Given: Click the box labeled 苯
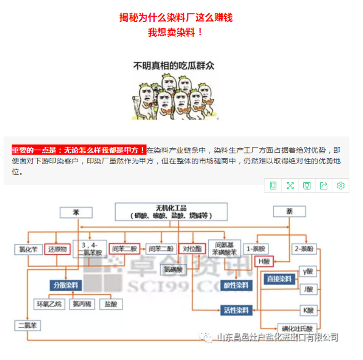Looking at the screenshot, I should [x=76, y=213].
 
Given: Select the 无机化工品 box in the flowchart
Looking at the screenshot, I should [x=171, y=212].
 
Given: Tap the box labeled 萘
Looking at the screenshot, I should [x=289, y=212].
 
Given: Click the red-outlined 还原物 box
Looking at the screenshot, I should [x=57, y=249].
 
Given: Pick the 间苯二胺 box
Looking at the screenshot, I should [x=124, y=249].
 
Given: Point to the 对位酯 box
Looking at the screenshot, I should [x=192, y=249].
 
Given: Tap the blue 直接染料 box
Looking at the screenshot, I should [x=279, y=279].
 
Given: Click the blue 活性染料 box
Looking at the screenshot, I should [x=236, y=310].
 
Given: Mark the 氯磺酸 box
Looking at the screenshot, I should [x=174, y=269].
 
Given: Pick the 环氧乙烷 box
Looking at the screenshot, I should [x=48, y=304].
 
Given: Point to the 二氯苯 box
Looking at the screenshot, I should [x=28, y=325].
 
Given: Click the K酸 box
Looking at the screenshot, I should [x=309, y=310].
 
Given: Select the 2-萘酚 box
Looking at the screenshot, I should [x=305, y=249].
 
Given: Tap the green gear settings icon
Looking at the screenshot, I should [x=341, y=186].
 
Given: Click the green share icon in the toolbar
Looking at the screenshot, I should [x=324, y=186].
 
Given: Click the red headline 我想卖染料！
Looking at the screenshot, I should [x=176, y=33].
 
